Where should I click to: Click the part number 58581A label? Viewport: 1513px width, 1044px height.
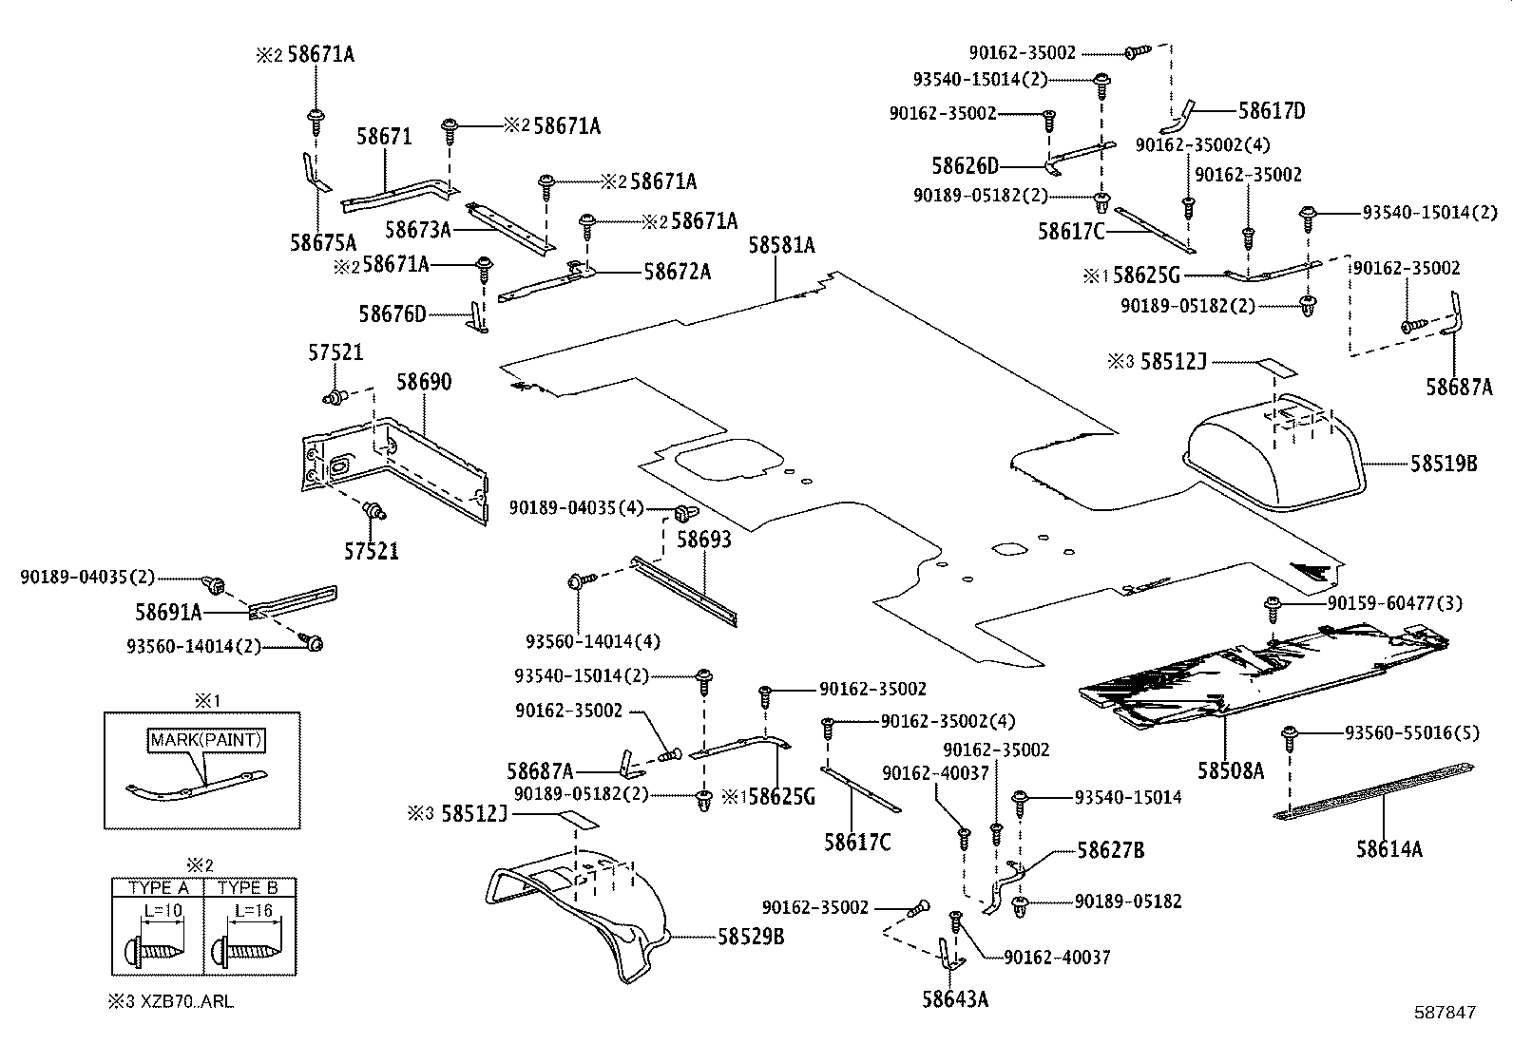coord(781,245)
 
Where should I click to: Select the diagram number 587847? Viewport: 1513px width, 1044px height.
coord(1444,1013)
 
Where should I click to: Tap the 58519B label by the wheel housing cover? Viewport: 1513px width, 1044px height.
coord(1444,464)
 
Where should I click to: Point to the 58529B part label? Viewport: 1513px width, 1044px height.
coord(751,937)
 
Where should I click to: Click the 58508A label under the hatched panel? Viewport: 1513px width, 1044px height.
coord(1231,770)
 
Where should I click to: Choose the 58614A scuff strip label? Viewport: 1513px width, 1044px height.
coord(1389,849)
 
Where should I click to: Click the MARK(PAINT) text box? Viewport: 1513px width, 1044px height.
coord(204,739)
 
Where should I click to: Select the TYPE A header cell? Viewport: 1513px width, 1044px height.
coord(158,888)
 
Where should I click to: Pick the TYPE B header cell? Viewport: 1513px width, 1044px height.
coord(249,888)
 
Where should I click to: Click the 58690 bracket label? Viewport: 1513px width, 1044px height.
coord(424,382)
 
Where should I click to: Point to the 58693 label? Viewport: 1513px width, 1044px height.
coord(704,540)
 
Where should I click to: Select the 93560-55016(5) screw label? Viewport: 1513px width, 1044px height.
coord(1412,732)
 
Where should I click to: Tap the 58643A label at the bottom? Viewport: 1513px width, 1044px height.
coord(955,998)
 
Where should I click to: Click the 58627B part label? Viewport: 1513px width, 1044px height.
coord(1110,850)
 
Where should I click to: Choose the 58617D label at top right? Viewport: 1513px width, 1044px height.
coord(1272,111)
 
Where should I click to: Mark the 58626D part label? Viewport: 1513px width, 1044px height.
coord(966,166)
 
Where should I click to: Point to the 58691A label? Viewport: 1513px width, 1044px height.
coord(168,611)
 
